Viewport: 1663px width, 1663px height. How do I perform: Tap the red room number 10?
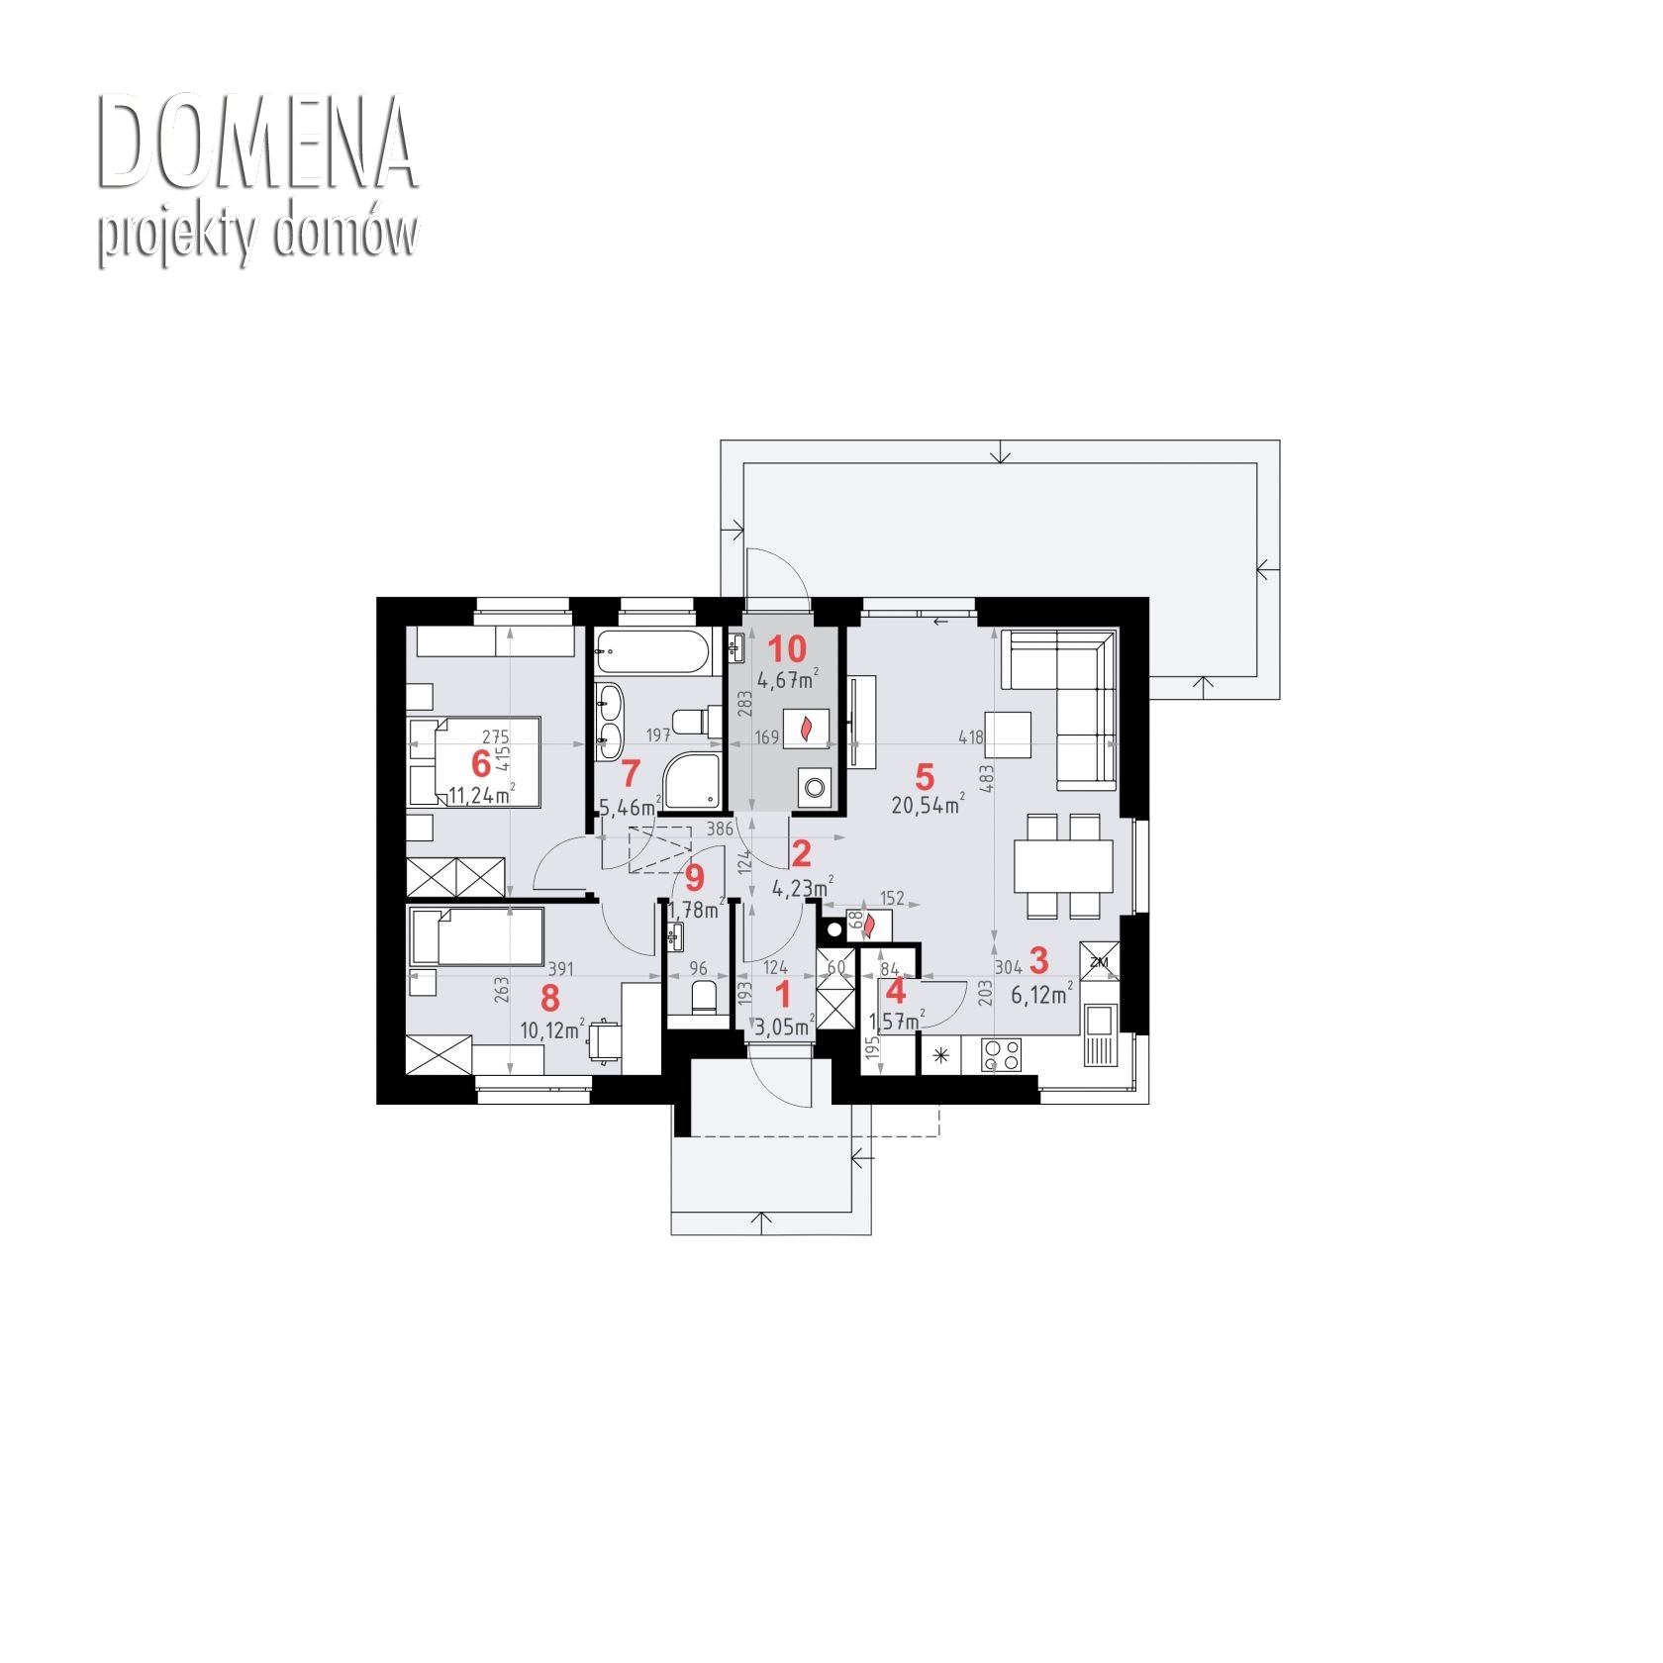[x=788, y=649]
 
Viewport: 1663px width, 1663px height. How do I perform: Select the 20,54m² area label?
[x=928, y=804]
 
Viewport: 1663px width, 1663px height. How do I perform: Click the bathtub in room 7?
[x=652, y=653]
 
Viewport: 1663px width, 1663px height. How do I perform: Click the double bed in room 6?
[x=474, y=761]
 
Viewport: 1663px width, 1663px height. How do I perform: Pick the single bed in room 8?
[x=477, y=935]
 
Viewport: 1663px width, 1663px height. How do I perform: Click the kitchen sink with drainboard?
[x=1100, y=1035]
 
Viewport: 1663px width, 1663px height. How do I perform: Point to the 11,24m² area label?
[x=481, y=794]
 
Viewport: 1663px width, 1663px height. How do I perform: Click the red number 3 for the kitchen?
[x=1038, y=959]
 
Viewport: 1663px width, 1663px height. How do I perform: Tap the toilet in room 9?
[x=702, y=997]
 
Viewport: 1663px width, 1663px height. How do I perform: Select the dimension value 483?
[x=986, y=778]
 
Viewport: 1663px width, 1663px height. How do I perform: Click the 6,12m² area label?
[x=1042, y=994]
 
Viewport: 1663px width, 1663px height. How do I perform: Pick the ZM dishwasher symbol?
[x=1099, y=961]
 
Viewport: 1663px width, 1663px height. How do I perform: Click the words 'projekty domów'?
[x=257, y=237]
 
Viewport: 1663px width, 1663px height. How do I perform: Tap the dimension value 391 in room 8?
[x=561, y=969]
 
